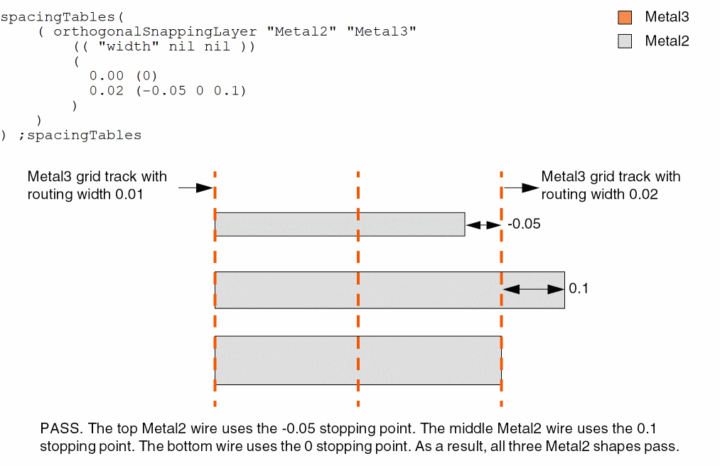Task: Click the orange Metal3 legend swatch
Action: pos(625,18)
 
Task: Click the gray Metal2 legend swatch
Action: pos(625,41)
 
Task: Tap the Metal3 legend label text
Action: pos(667,18)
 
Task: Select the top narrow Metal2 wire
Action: pos(340,224)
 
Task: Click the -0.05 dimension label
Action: pos(525,224)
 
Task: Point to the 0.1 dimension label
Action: pos(579,289)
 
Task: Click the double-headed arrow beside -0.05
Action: pos(483,224)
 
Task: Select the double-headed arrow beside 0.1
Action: pos(533,289)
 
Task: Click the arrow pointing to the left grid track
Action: pos(195,188)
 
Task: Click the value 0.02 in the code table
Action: pos(107,91)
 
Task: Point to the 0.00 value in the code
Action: pos(107,76)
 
